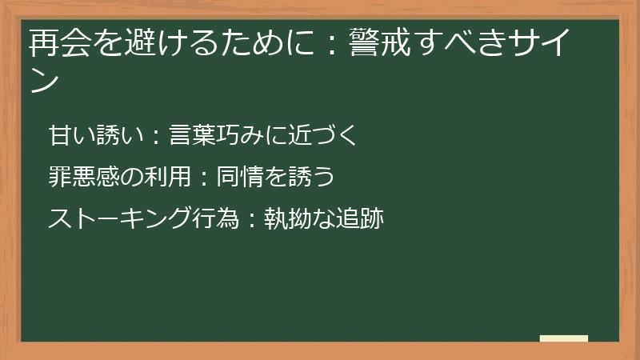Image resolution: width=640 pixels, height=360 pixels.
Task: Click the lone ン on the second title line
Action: [45, 80]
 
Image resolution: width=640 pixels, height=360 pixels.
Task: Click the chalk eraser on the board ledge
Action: [564, 338]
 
